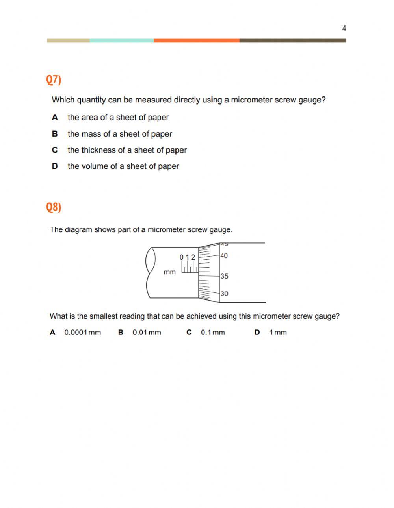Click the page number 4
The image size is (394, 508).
[x=344, y=28]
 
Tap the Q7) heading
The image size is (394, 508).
[x=54, y=79]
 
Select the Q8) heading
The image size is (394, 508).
[x=54, y=207]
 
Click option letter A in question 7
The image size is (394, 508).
[x=55, y=117]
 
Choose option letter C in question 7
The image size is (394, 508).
[x=55, y=150]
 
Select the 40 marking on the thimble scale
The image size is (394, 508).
[x=224, y=256]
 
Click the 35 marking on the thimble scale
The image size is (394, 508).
[x=224, y=276]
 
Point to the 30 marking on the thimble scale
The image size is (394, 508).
[x=224, y=294]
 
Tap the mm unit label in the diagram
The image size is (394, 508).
[x=170, y=272]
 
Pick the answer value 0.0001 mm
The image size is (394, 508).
[x=82, y=333]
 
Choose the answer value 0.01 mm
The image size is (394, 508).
[x=147, y=333]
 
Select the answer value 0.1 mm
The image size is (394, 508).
[x=213, y=333]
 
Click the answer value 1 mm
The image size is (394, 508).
[x=278, y=333]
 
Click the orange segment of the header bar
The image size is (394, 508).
[x=196, y=41]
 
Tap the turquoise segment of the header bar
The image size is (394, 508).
[x=121, y=41]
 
